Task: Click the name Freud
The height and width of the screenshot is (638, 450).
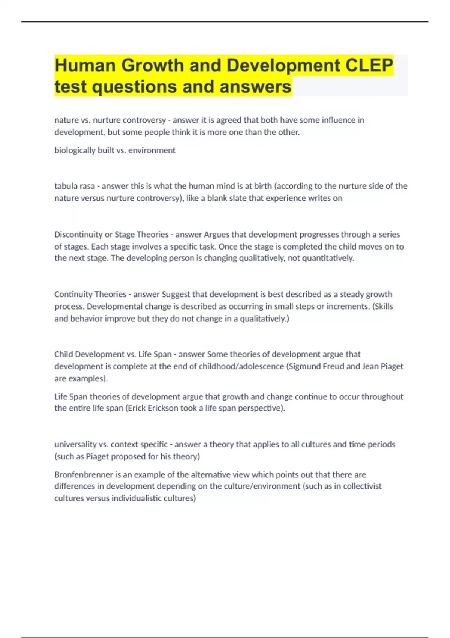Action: (x=334, y=366)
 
